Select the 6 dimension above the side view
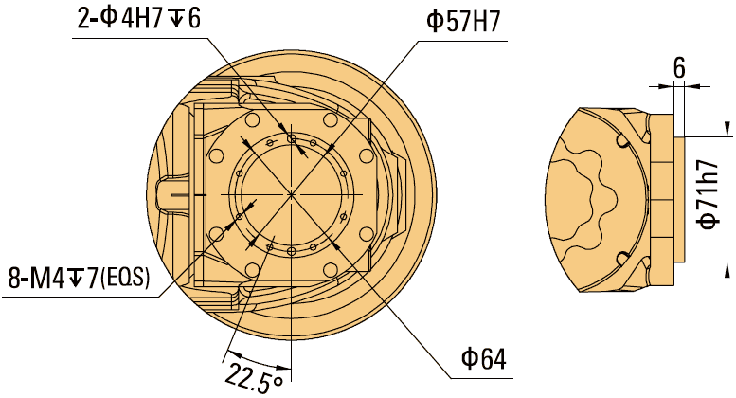678,67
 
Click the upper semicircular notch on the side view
622,141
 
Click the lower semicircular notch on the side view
622,258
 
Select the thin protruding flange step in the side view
678,199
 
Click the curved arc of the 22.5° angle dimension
256,364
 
